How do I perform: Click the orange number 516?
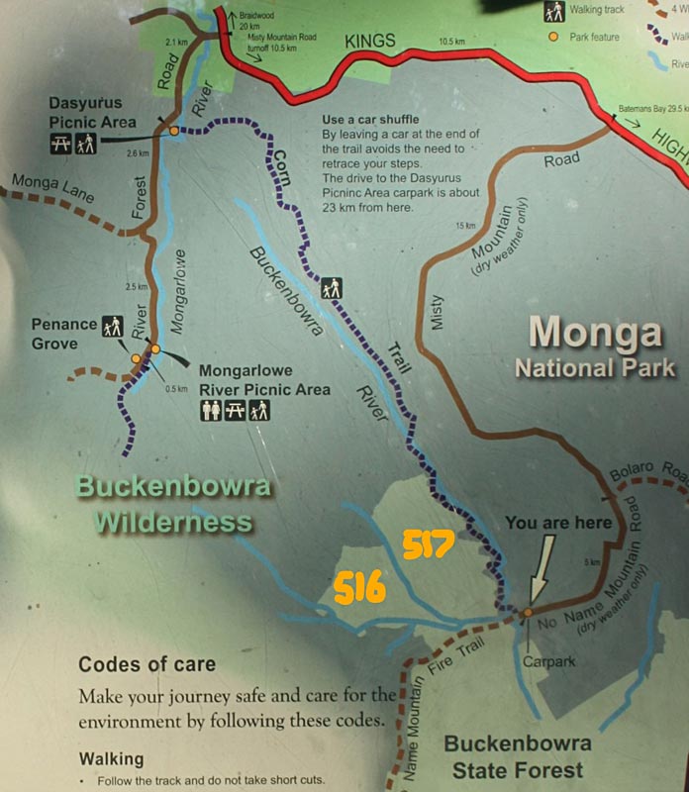[358, 588]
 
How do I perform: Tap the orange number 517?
[428, 544]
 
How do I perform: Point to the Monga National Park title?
[594, 348]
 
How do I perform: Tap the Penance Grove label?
[64, 333]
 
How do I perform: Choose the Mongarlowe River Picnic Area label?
[264, 381]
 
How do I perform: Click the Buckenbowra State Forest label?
[517, 755]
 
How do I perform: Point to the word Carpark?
[550, 661]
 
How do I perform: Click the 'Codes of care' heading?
[147, 664]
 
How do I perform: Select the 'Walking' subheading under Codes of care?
[111, 759]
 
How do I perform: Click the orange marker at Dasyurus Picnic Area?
[173, 131]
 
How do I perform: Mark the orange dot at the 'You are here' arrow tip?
[528, 613]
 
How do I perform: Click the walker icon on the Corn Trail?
[332, 287]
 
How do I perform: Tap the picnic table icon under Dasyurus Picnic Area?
[60, 145]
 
